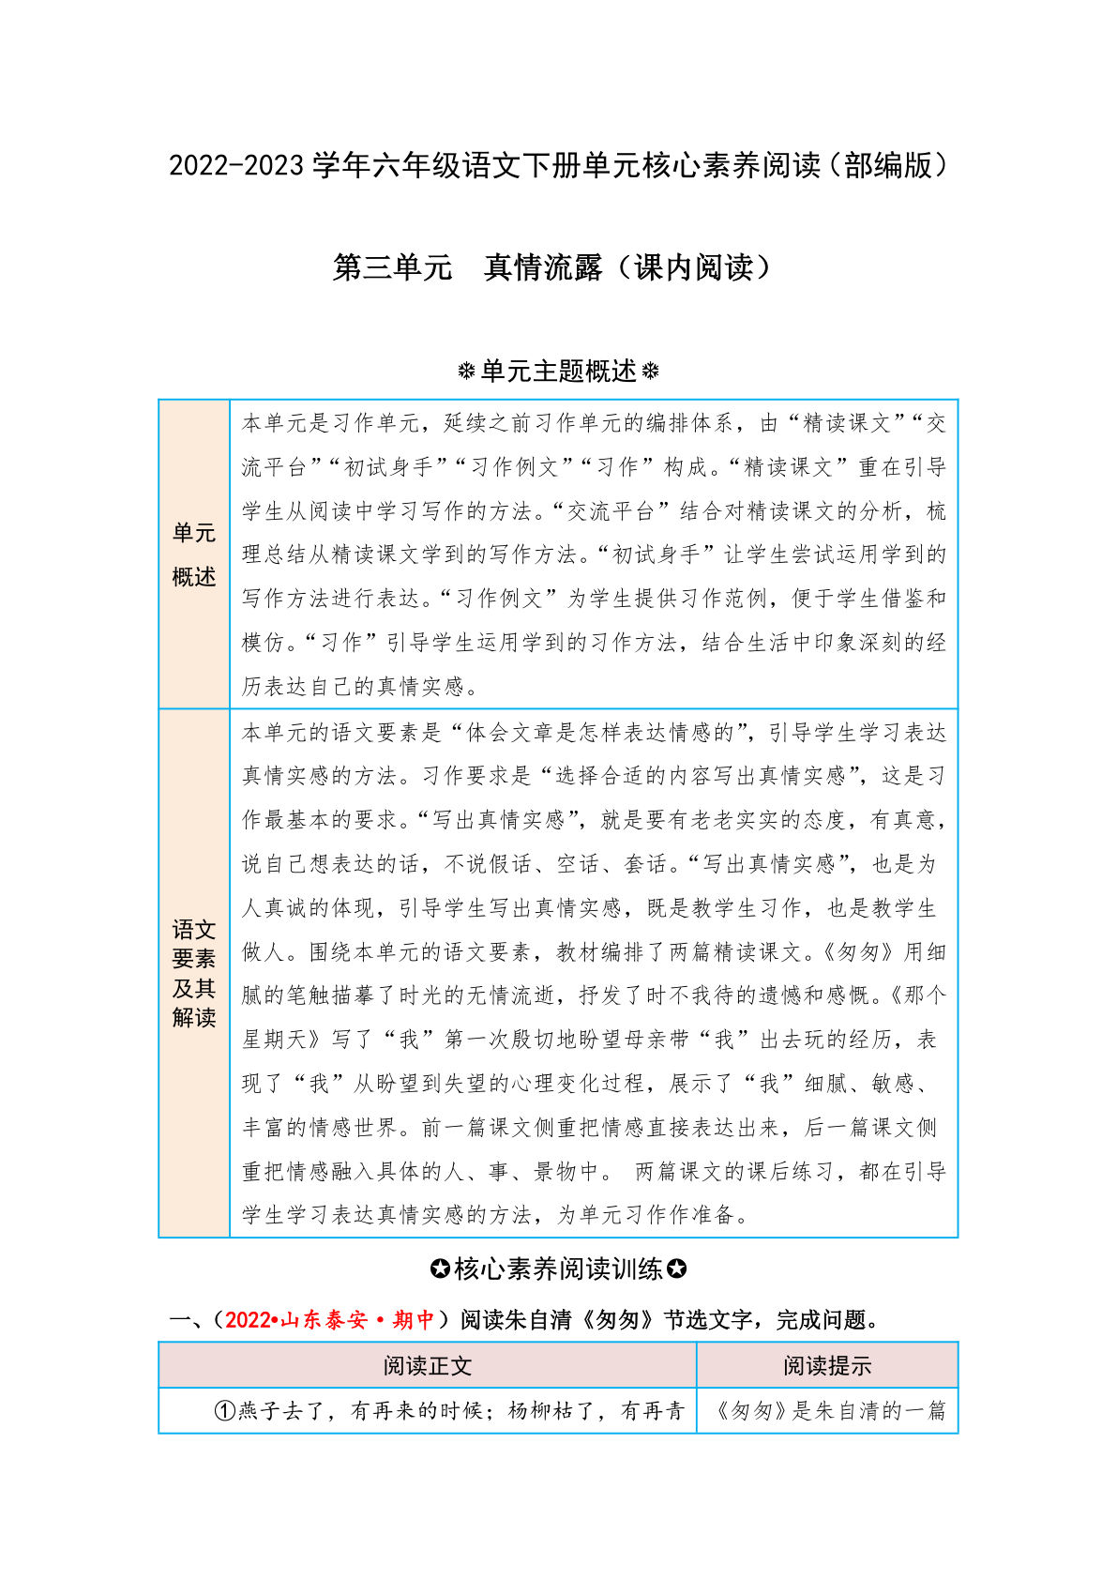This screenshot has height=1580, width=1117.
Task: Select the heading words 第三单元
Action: click(x=392, y=268)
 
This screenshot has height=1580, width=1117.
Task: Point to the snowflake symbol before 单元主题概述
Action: click(x=466, y=372)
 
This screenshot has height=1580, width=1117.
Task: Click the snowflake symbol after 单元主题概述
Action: click(x=650, y=372)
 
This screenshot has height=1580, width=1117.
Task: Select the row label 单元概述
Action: click(x=194, y=555)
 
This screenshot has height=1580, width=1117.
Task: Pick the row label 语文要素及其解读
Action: click(x=194, y=973)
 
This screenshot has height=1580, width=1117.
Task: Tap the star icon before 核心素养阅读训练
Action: click(x=440, y=1269)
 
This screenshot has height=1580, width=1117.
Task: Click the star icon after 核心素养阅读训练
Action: click(x=676, y=1269)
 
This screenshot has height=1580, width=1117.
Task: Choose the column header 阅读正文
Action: click(x=427, y=1366)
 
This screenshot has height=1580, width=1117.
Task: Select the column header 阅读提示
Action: click(x=826, y=1366)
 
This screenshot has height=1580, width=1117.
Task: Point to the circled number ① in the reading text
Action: click(x=225, y=1411)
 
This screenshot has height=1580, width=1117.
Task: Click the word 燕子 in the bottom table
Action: click(x=261, y=1411)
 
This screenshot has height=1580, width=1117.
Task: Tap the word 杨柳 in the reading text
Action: click(x=531, y=1411)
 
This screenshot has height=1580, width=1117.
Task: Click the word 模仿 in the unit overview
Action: click(x=264, y=643)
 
